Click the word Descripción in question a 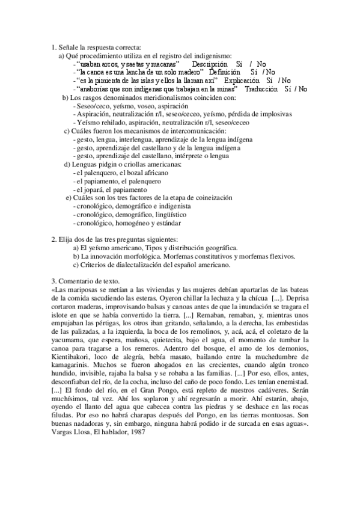(x=209, y=63)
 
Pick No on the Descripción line (x=261, y=63)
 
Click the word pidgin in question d (x=100, y=164)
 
